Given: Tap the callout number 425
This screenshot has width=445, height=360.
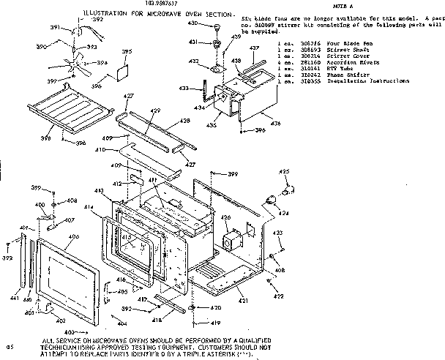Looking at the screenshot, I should tap(283, 171).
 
